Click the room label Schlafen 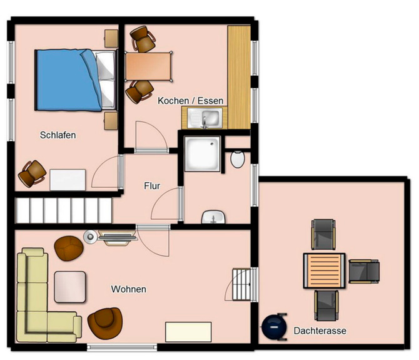[58, 135]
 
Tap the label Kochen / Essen [191, 101]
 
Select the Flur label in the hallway [152, 186]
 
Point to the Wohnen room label [129, 289]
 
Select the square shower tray [203, 153]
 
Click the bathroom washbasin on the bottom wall [213, 218]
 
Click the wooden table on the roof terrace [324, 270]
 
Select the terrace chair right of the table [365, 270]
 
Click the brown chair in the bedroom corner [32, 172]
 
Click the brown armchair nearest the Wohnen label [104, 322]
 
